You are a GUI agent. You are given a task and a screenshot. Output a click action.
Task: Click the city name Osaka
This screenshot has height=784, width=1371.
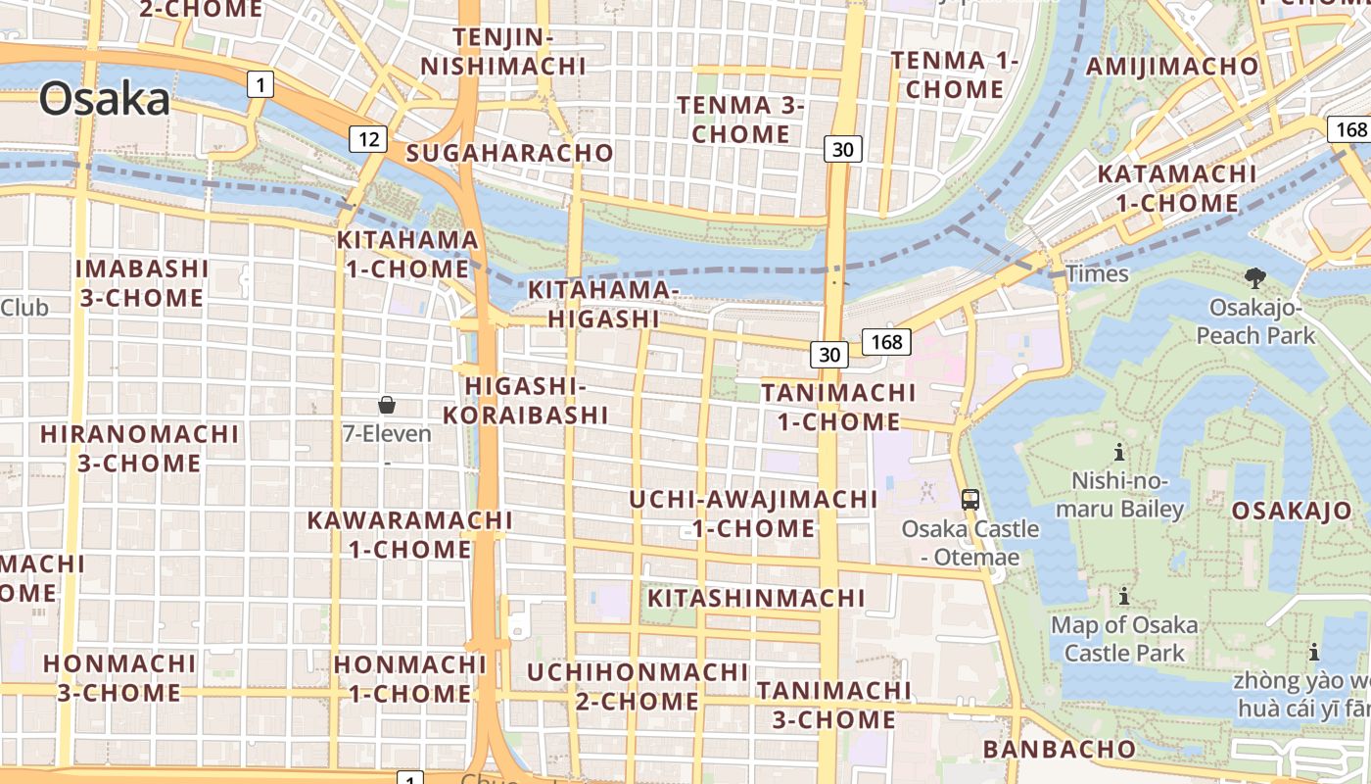click(105, 100)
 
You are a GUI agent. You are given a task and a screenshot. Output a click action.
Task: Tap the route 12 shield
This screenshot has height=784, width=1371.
click(367, 139)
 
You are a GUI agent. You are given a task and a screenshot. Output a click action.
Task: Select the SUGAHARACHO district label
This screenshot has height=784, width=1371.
click(509, 153)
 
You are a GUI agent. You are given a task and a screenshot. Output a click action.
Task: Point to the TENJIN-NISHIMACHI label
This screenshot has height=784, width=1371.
click(503, 52)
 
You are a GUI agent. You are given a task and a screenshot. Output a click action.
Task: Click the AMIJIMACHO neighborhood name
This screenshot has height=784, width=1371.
click(1172, 67)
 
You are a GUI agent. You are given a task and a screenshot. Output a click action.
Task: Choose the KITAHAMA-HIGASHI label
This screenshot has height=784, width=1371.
click(603, 304)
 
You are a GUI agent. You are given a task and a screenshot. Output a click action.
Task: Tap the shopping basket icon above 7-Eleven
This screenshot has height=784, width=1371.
click(387, 405)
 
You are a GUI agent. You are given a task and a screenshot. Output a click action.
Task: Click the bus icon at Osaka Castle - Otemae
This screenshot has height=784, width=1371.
click(969, 499)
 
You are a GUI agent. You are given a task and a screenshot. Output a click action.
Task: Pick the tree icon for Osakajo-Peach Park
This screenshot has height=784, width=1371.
click(1254, 278)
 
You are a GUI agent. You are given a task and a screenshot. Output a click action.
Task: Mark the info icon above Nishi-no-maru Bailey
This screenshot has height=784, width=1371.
click(1119, 452)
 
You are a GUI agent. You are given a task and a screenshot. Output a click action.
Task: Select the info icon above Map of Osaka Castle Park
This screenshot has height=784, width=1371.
click(1123, 595)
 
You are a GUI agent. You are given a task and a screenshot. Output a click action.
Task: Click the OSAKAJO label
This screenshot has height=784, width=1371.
click(1291, 511)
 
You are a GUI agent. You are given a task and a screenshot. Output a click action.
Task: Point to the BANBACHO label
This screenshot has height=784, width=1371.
click(1060, 750)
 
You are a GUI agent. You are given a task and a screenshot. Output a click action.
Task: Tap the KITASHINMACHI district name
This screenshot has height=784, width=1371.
click(756, 598)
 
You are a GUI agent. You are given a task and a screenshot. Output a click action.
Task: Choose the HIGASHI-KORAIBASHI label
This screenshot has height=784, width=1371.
click(526, 400)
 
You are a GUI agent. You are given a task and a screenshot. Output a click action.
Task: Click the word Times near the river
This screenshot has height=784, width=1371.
click(1097, 274)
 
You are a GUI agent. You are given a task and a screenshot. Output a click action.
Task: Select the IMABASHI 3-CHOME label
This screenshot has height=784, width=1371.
click(142, 283)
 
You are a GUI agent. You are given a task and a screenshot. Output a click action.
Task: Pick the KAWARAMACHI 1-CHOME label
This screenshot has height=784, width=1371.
click(410, 534)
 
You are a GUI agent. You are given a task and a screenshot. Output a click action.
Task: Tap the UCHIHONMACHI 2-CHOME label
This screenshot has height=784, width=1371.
click(638, 687)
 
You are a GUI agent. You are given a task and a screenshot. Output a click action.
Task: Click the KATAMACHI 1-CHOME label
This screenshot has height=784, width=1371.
click(1176, 189)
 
